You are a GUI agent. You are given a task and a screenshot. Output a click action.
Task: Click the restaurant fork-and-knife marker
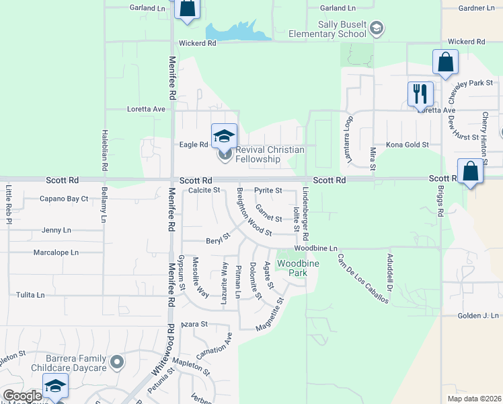[x=421, y=94]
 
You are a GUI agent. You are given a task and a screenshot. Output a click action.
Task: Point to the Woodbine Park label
[x=292, y=267]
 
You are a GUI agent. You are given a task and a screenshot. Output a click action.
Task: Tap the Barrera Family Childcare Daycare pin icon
[x=118, y=362]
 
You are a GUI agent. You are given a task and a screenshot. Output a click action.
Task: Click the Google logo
[x=22, y=396]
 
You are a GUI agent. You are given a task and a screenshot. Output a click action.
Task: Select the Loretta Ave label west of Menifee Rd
[x=146, y=108]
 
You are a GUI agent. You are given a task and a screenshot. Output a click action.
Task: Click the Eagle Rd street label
[x=193, y=145]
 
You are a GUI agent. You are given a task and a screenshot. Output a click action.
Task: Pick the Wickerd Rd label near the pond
[x=197, y=43]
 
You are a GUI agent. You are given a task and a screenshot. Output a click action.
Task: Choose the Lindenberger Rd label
[x=305, y=214]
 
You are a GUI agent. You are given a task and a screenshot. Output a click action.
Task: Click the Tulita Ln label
[x=30, y=295]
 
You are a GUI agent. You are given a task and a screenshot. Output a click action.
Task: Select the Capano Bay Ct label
[x=64, y=199]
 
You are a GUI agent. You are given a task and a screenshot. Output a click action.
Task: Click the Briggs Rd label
[x=440, y=201]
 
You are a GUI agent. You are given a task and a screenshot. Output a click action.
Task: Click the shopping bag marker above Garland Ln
[x=187, y=8]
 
